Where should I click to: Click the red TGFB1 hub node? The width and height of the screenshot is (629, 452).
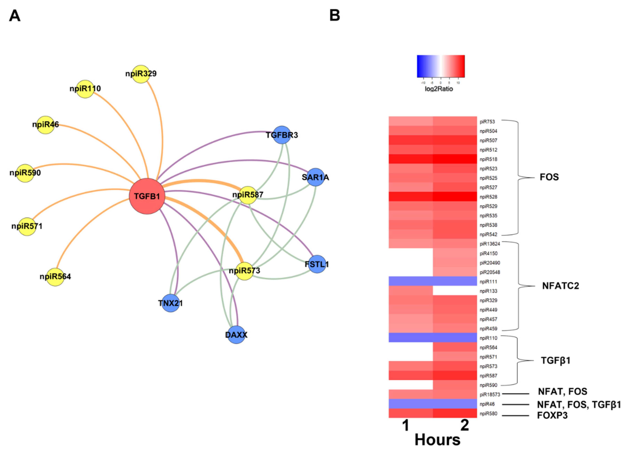(x=147, y=196)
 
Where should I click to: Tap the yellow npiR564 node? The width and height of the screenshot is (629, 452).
(x=55, y=277)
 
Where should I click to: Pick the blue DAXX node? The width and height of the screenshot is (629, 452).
(x=236, y=335)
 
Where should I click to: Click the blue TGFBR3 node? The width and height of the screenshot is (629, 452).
(x=282, y=135)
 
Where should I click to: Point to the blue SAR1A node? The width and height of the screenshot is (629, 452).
(x=316, y=177)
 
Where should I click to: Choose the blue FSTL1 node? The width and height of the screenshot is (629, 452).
(x=317, y=264)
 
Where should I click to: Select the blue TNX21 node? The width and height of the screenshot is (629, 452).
(x=171, y=303)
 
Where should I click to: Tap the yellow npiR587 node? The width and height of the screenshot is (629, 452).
(x=248, y=195)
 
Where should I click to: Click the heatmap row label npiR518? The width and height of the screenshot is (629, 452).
(x=488, y=159)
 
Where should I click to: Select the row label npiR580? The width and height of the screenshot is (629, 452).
(x=488, y=414)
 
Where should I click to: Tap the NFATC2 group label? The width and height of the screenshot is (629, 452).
(x=560, y=286)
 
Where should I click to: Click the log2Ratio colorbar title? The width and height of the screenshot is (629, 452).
(x=439, y=89)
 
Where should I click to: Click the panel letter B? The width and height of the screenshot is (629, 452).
(x=335, y=15)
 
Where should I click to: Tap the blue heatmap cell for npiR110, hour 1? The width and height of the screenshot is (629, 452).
(x=411, y=338)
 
